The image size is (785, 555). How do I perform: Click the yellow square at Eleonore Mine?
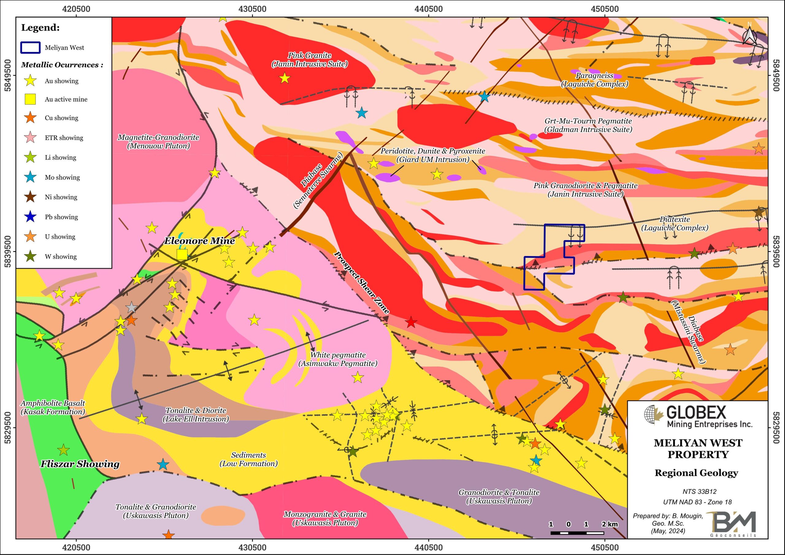click(x=182, y=255)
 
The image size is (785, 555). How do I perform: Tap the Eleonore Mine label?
click(x=199, y=241)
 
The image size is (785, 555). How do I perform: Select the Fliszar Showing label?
click(x=80, y=464)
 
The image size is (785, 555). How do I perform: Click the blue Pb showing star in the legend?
click(x=31, y=217)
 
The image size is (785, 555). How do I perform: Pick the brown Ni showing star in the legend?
click(x=31, y=197)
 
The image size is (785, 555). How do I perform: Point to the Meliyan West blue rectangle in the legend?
click(x=30, y=48)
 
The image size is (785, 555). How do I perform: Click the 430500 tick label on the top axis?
click(x=252, y=9)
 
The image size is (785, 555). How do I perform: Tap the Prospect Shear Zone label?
click(x=362, y=282)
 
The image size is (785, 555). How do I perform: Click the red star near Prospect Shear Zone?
click(x=411, y=322)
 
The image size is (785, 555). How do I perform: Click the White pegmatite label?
click(x=338, y=359)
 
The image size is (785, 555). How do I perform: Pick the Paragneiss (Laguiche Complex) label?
click(x=595, y=80)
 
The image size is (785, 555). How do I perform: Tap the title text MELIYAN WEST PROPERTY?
click(x=698, y=448)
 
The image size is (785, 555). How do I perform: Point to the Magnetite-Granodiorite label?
click(x=158, y=142)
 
